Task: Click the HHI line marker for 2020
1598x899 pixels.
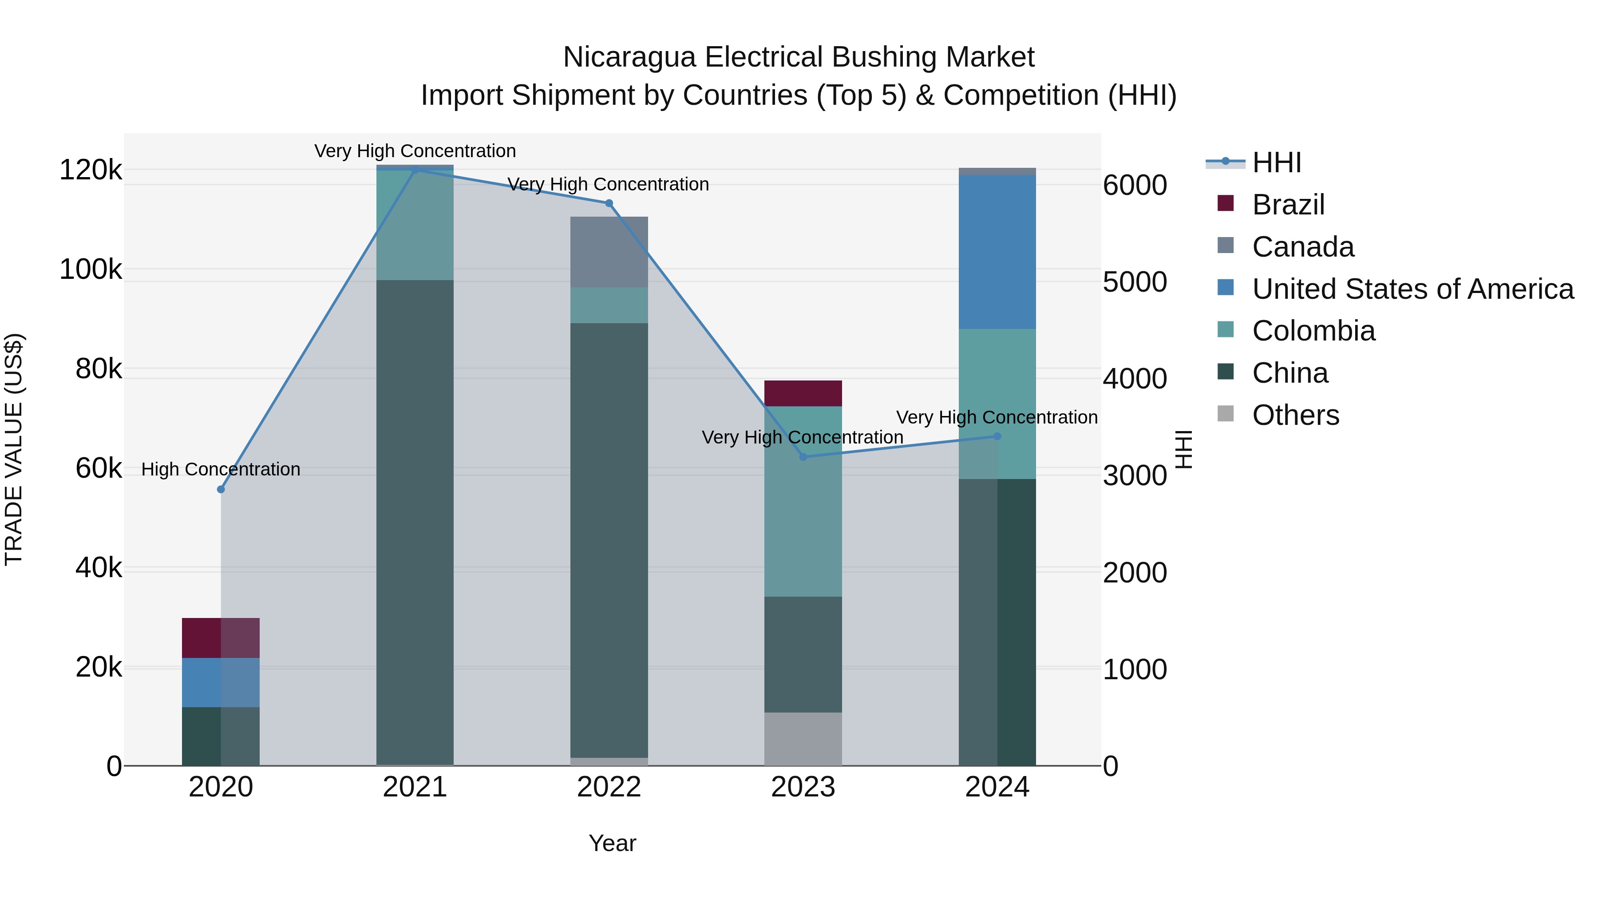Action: (221, 490)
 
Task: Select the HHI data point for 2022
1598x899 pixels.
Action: (609, 203)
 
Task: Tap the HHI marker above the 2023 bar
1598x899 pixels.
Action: (803, 457)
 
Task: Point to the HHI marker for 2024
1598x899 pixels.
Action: (997, 436)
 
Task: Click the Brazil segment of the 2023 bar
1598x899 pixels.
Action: (803, 393)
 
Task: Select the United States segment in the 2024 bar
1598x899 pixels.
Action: (997, 252)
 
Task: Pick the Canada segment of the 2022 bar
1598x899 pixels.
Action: (609, 252)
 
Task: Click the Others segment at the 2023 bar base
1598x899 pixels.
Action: (803, 738)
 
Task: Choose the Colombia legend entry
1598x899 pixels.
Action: (1313, 331)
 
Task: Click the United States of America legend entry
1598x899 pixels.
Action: (1412, 289)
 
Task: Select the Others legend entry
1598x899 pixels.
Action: (1295, 415)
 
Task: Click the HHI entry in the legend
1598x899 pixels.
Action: (1276, 162)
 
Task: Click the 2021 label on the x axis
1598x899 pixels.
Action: (415, 787)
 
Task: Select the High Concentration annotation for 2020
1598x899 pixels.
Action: (221, 469)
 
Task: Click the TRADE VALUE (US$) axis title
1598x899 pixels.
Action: (14, 449)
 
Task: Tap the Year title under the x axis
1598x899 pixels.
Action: (612, 843)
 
